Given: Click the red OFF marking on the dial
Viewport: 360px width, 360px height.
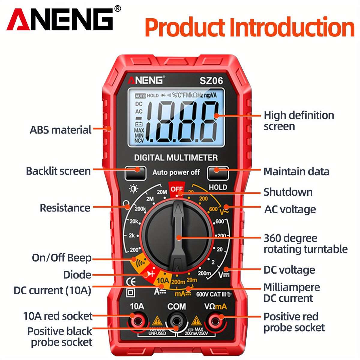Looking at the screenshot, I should tap(176, 189).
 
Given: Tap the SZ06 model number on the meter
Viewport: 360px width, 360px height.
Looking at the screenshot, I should tap(211, 81).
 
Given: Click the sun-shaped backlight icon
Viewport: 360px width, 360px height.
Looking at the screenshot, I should tap(133, 189).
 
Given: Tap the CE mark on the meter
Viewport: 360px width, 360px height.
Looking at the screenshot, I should tap(131, 281).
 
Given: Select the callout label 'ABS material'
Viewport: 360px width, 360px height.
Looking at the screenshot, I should tap(61, 130).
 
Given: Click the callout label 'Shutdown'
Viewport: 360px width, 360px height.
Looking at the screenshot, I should tap(288, 192).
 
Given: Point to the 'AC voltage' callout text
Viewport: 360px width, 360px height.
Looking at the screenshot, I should tap(290, 209).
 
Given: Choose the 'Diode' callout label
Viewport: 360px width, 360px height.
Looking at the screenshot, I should tap(77, 275).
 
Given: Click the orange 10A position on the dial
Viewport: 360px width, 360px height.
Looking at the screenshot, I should tap(163, 280).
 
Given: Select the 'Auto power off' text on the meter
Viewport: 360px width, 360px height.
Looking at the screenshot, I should tap(176, 172).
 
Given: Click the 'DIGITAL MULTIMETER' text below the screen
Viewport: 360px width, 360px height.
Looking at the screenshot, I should tap(176, 157).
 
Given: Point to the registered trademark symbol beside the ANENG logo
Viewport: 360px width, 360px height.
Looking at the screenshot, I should tap(118, 9).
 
